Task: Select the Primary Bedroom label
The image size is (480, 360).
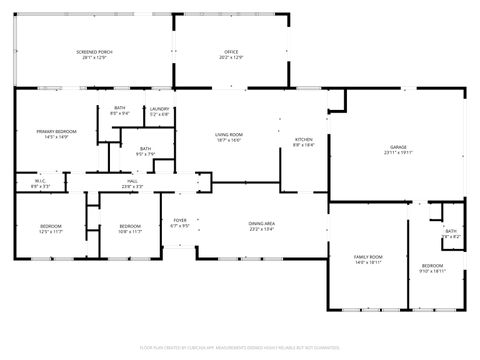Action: [x=56, y=133]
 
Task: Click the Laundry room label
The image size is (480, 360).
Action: [x=160, y=110]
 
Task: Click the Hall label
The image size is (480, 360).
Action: [x=132, y=182]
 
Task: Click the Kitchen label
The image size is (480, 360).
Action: [x=303, y=140]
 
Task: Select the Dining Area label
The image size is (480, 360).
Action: [x=262, y=225]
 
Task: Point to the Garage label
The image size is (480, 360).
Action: [x=397, y=149]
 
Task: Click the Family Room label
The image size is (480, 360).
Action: [x=368, y=258]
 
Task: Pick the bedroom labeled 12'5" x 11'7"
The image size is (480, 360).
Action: [x=51, y=227]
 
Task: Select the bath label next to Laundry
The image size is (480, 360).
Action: [x=120, y=110]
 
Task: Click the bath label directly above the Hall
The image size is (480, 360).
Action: [x=145, y=150]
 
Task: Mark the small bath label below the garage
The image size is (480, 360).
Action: [x=451, y=232]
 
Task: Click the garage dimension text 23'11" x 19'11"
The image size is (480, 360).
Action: [x=397, y=154]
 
